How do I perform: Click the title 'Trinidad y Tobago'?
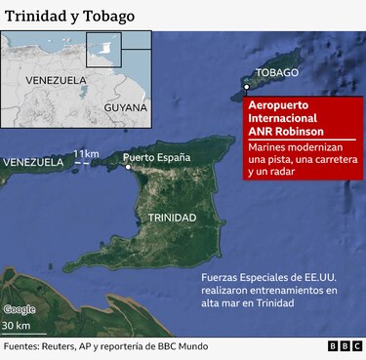click(x=69, y=17)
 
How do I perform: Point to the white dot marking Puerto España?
click(x=127, y=167)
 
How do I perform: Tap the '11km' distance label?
click(x=86, y=154)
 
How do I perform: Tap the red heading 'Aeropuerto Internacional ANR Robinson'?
click(x=293, y=118)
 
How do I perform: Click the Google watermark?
click(x=20, y=309)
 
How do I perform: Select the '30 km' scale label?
click(x=17, y=325)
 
